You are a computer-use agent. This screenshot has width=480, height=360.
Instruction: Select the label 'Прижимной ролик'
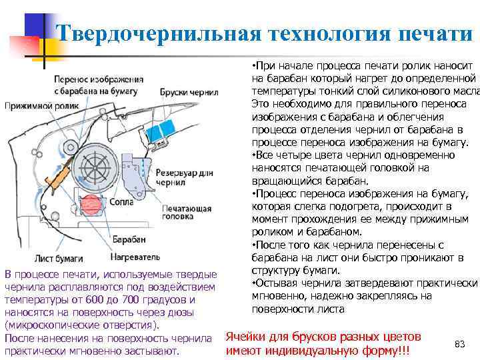coord(41,105)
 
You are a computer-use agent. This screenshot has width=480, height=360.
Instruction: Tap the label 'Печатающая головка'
coord(182,213)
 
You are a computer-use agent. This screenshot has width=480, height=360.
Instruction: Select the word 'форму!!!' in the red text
coord(385,351)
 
